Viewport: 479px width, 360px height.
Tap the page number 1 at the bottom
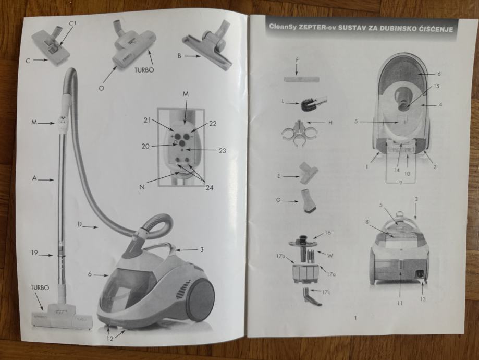click(x=354, y=318)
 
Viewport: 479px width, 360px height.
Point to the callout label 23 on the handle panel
click(x=223, y=150)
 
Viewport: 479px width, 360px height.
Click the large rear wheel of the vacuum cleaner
click(x=200, y=299)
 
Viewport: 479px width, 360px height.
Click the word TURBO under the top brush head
click(x=144, y=70)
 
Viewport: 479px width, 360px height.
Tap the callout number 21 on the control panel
click(x=148, y=121)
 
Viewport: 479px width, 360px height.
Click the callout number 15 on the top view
click(x=436, y=86)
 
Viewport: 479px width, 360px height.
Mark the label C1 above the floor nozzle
click(x=72, y=23)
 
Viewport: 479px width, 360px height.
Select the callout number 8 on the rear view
click(x=367, y=221)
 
